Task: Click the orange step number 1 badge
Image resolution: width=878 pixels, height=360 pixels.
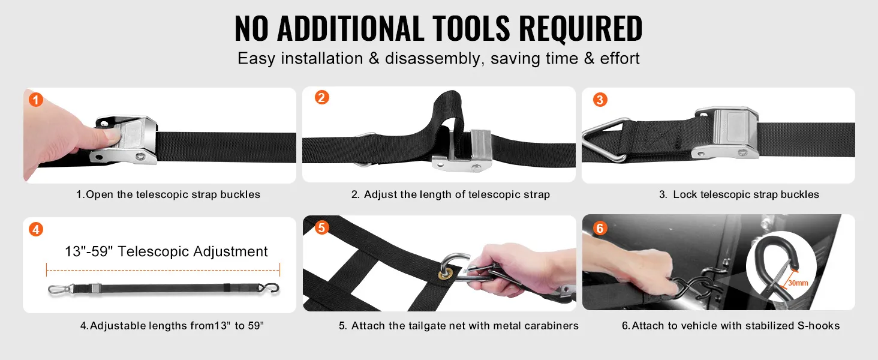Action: pyautogui.click(x=35, y=100)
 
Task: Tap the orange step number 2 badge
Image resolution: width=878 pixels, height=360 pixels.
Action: pyautogui.click(x=322, y=97)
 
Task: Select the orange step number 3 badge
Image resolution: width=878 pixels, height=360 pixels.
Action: pyautogui.click(x=600, y=100)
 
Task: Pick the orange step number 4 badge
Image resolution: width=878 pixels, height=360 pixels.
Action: pyautogui.click(x=35, y=229)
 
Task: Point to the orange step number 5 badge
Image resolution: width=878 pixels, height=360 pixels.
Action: pyautogui.click(x=321, y=227)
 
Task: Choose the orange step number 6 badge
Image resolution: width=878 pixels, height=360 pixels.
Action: pyautogui.click(x=600, y=228)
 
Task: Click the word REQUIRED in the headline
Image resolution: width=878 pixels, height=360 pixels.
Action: pyautogui.click(x=581, y=28)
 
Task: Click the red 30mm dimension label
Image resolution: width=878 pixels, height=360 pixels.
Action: pyautogui.click(x=798, y=283)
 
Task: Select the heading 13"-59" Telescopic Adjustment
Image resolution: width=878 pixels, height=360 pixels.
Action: pyautogui.click(x=166, y=251)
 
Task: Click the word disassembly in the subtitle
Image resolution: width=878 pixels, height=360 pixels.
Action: pyautogui.click(x=432, y=59)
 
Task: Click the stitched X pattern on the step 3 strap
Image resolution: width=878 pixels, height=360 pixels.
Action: pyautogui.click(x=661, y=136)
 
